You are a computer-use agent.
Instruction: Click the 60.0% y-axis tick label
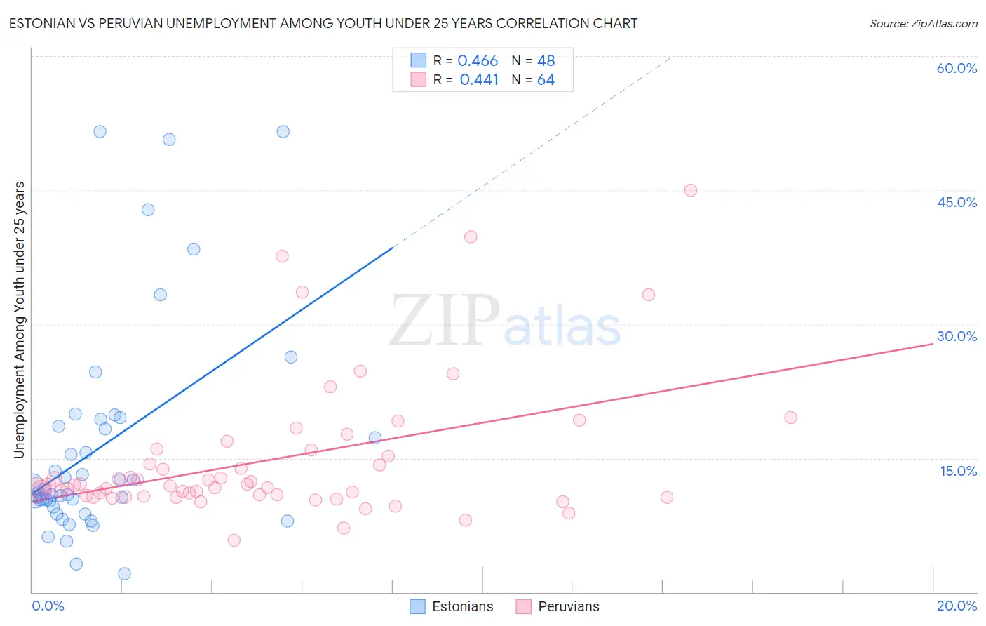pos(957,68)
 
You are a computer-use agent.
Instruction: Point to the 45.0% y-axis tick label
pos(957,202)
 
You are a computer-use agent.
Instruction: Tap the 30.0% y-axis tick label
pos(957,336)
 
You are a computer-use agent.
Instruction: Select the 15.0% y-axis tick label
pos(958,470)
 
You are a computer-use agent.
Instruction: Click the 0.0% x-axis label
pos(48,606)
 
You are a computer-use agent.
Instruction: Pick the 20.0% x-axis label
pos(957,606)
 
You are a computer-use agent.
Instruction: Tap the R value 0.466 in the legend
pos(478,61)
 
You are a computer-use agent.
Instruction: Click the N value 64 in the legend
pos(546,80)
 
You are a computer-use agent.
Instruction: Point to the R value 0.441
pos(479,80)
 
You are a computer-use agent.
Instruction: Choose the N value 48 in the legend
pos(546,61)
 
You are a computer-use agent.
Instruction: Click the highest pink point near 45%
pos(690,190)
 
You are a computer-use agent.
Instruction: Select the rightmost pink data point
pos(790,418)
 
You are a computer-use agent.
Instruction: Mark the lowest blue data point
pos(124,573)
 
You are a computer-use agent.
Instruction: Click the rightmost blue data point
pos(375,438)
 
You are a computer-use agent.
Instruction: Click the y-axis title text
pos(20,320)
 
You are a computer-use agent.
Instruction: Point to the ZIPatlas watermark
pos(505,322)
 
